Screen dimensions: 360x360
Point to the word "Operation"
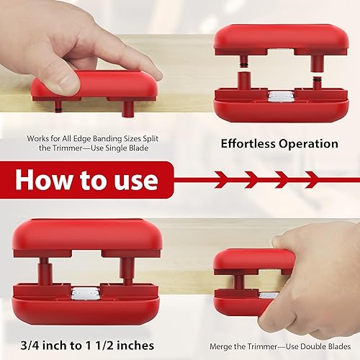tap(308, 143)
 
